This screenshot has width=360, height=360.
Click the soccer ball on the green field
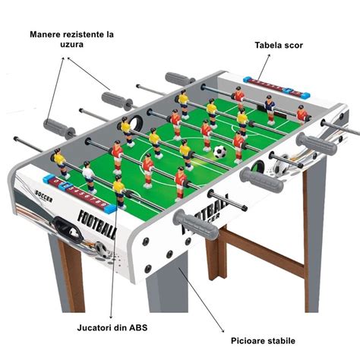219,152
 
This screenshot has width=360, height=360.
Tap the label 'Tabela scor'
279,46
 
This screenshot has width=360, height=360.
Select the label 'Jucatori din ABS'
112,328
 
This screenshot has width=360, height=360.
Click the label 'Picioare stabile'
263,341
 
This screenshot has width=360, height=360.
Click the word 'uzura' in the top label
71,45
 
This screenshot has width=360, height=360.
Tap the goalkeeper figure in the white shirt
89,177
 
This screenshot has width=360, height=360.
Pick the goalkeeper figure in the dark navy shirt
270,110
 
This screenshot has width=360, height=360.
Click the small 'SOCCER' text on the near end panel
43,196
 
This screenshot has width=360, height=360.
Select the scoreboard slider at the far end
276,87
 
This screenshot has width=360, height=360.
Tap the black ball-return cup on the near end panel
68,229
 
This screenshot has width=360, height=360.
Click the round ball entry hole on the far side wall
137,123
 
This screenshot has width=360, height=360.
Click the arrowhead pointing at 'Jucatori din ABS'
111,317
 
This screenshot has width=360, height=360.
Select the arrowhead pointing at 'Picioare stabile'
223,330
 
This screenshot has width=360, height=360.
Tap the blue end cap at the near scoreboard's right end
109,208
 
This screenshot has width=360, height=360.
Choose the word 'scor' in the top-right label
294,46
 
